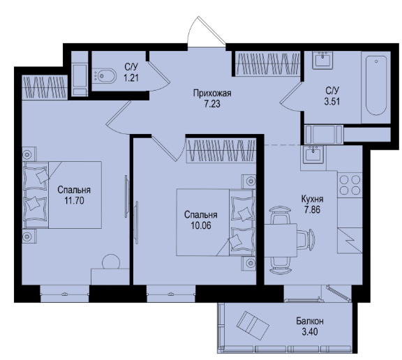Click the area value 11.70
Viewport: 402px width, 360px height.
[74, 201]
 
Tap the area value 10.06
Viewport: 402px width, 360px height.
[201, 225]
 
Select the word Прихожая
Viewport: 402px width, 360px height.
[212, 93]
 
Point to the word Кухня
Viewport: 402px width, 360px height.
[312, 199]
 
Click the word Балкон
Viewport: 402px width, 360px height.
[310, 321]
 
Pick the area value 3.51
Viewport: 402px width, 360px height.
[332, 101]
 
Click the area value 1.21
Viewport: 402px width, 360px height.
[131, 77]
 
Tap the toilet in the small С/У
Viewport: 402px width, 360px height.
[105, 75]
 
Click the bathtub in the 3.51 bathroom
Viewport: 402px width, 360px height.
[376, 86]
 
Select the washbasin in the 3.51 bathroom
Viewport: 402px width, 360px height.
[322, 60]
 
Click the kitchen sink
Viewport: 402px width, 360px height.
[313, 154]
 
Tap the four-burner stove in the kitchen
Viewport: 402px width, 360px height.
[350, 185]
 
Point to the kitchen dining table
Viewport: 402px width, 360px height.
[281, 240]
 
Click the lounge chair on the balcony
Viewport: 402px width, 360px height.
[253, 326]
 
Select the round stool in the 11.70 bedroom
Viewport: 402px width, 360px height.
[111, 262]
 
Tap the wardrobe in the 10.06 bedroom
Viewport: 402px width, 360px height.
[221, 150]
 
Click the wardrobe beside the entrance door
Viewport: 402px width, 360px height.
[267, 63]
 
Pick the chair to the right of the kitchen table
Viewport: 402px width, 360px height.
[306, 239]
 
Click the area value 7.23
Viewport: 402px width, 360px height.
[212, 104]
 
